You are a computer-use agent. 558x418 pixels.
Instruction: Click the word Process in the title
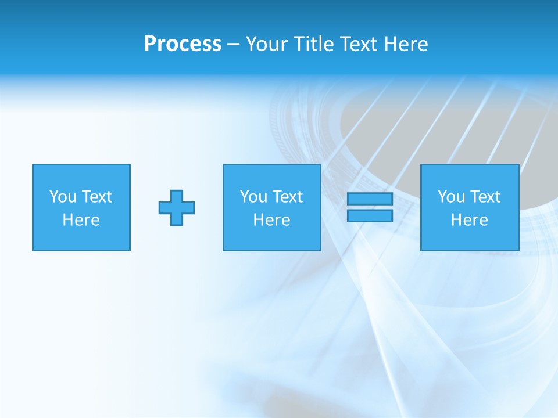183,44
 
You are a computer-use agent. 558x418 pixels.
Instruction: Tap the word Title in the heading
315,44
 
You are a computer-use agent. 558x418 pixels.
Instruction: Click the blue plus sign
177,208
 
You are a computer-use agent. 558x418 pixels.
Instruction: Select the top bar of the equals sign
370,199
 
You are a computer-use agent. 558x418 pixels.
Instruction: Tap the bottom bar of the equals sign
370,216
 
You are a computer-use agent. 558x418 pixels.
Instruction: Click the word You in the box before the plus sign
63,197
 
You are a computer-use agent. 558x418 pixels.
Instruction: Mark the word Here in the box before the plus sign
81,220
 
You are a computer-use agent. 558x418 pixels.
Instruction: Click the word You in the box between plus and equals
253,197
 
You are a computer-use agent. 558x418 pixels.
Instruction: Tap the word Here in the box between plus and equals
272,220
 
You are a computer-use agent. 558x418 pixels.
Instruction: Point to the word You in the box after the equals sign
451,197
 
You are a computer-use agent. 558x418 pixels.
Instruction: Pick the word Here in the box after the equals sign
470,220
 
